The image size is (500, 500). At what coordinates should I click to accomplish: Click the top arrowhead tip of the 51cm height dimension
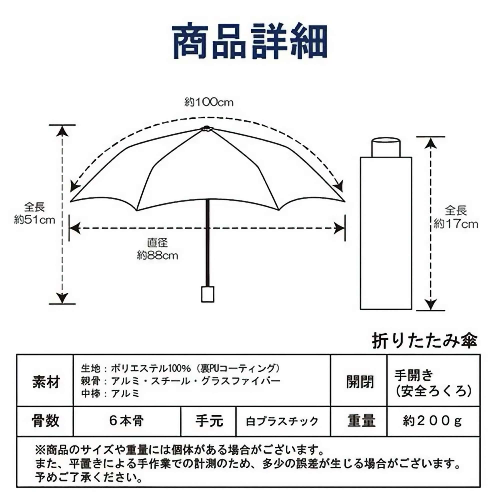point(62,126)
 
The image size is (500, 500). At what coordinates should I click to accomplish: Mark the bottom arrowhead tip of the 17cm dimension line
point(430,309)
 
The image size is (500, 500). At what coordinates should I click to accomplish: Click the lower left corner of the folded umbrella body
point(360,309)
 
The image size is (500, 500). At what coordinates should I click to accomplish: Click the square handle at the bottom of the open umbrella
point(207,294)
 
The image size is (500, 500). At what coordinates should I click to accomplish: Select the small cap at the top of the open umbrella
point(206,128)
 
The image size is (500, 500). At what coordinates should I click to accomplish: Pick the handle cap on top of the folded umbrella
point(386,147)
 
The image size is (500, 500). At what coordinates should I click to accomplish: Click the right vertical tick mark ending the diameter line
point(345,228)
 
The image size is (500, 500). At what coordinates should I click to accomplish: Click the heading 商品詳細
point(250,41)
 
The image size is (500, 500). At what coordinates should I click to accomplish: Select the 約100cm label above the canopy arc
point(209,102)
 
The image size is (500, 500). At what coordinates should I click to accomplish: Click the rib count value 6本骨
point(126,421)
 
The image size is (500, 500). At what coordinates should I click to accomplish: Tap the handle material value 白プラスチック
point(282,421)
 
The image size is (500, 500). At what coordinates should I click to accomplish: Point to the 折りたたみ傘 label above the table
point(425,340)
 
